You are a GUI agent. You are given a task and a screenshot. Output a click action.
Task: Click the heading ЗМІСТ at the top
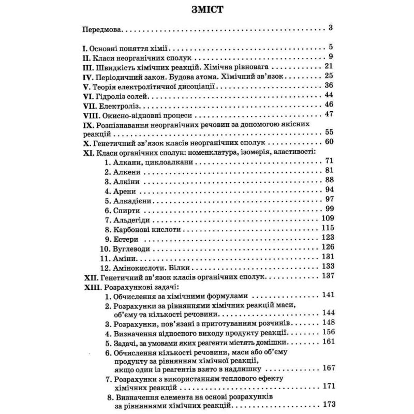(206, 11)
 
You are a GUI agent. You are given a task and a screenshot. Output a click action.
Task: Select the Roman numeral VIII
(93, 114)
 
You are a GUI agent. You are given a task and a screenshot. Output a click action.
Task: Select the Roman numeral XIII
(93, 287)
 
